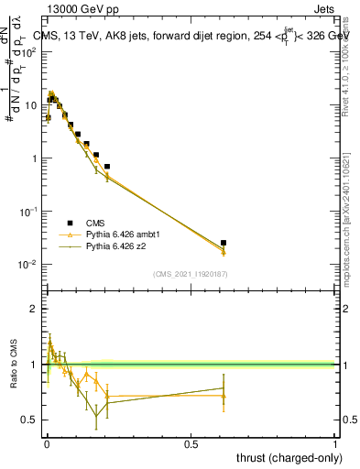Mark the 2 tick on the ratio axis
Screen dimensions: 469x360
point(34,309)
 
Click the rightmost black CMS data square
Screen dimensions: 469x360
point(224,243)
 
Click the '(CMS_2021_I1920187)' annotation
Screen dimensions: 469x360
point(190,274)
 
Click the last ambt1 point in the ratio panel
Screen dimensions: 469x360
point(224,396)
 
